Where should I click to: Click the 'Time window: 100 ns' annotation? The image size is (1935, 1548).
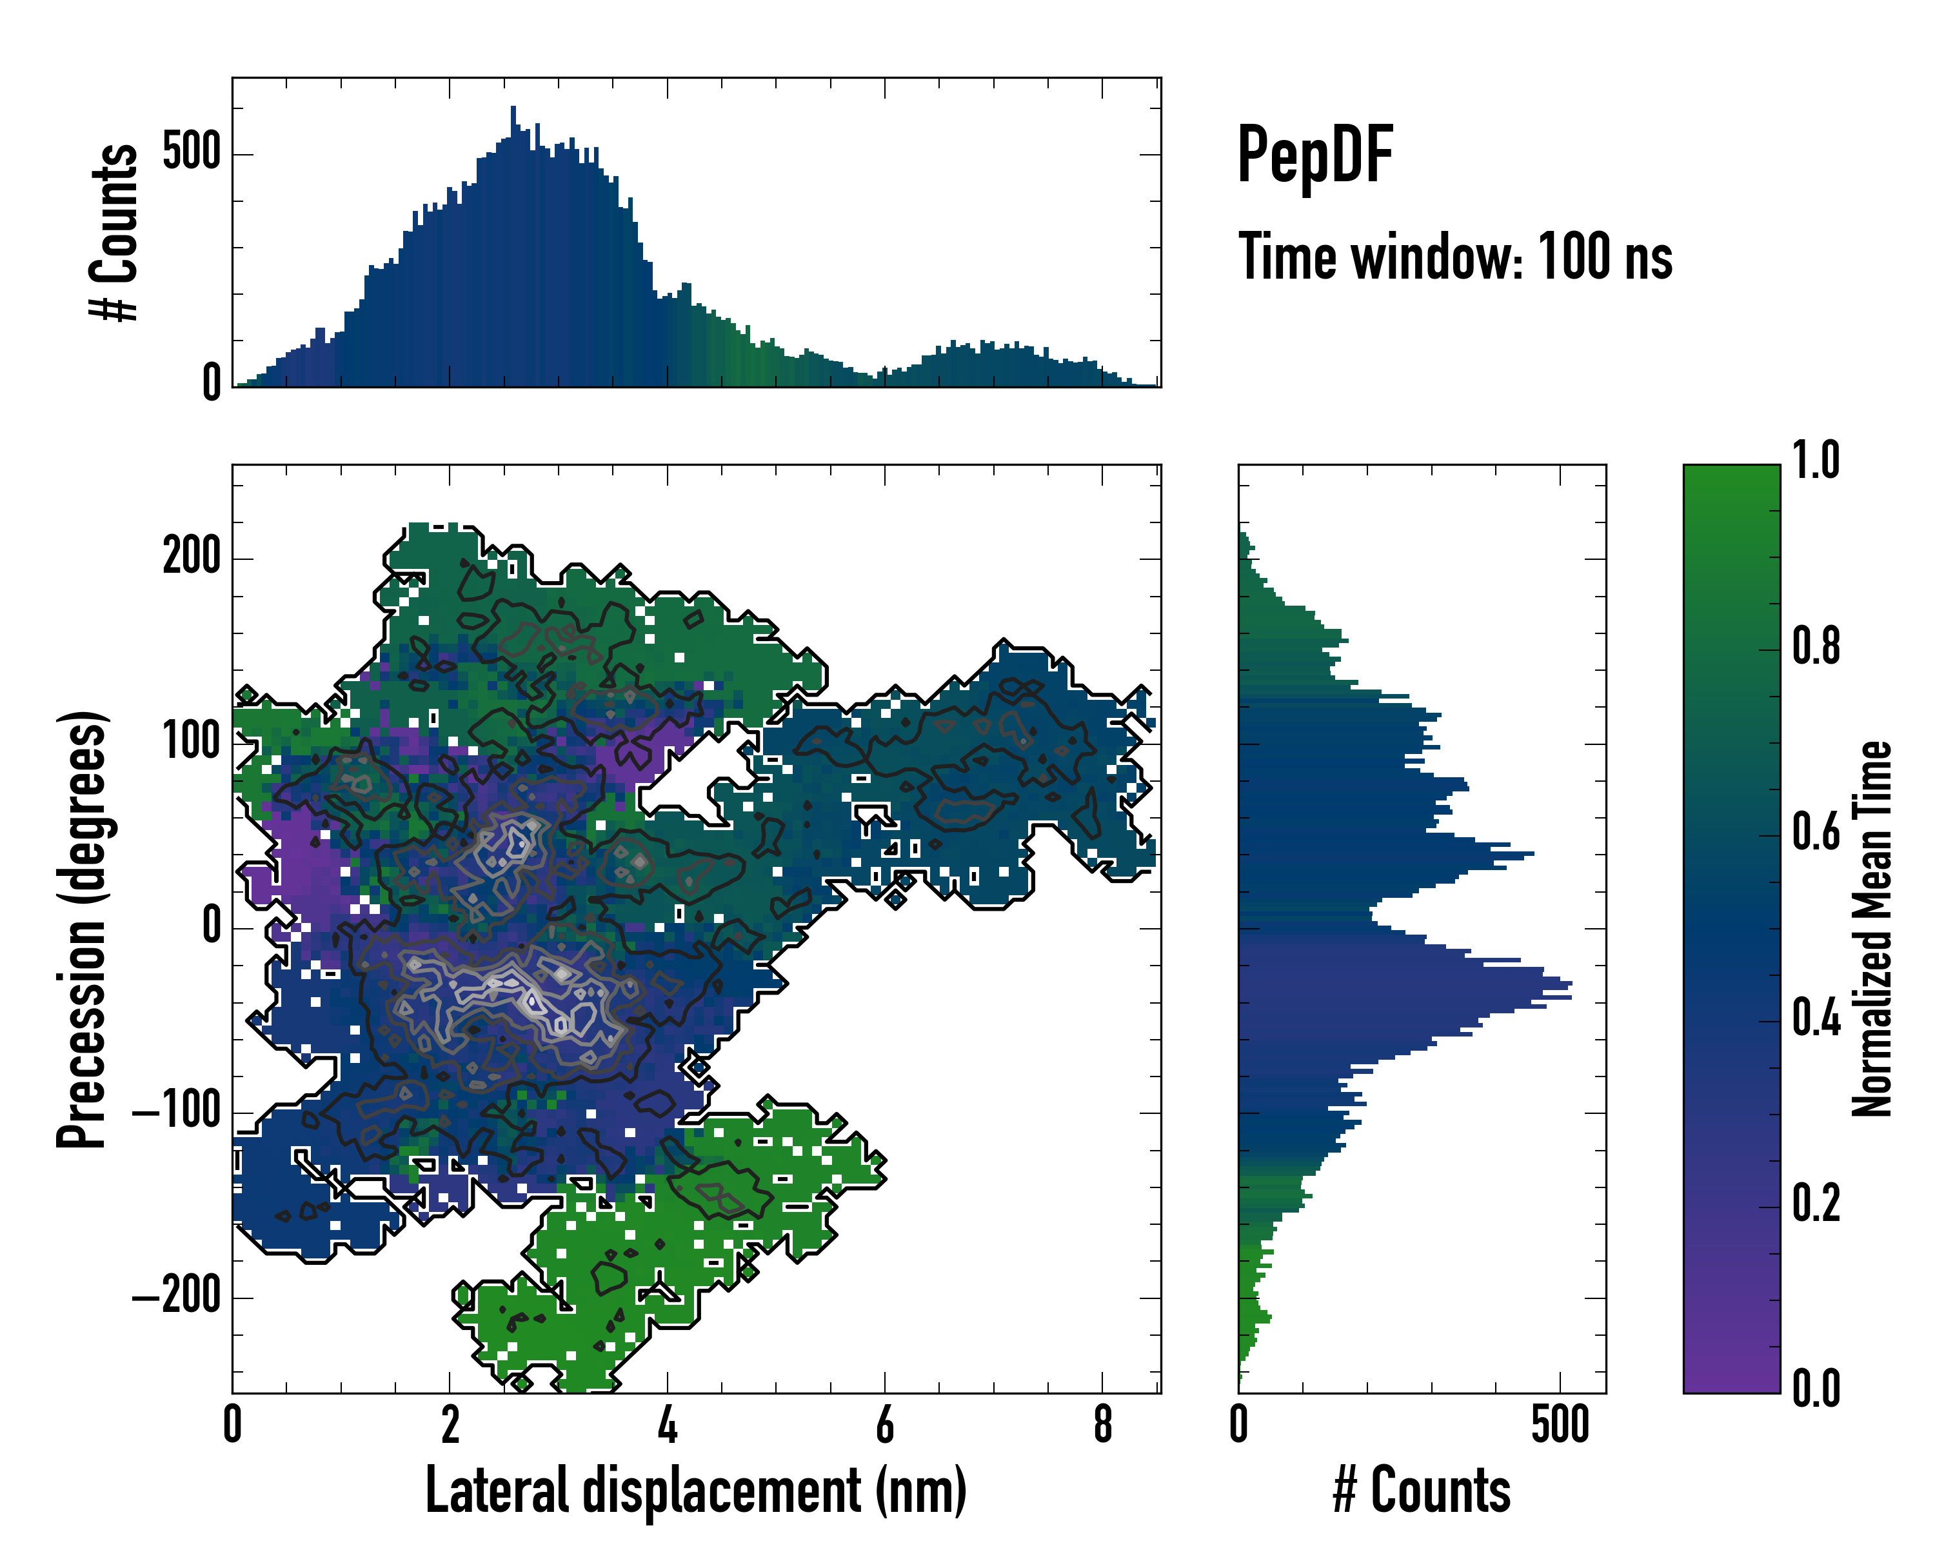(1455, 257)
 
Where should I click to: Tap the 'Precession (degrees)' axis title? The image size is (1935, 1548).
(83, 929)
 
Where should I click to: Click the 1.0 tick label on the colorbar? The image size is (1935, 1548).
(1816, 461)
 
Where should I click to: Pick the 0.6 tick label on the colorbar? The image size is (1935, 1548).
(1816, 832)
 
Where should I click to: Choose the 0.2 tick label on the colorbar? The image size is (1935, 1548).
(1816, 1204)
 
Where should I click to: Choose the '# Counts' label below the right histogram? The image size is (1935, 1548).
(1422, 1491)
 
